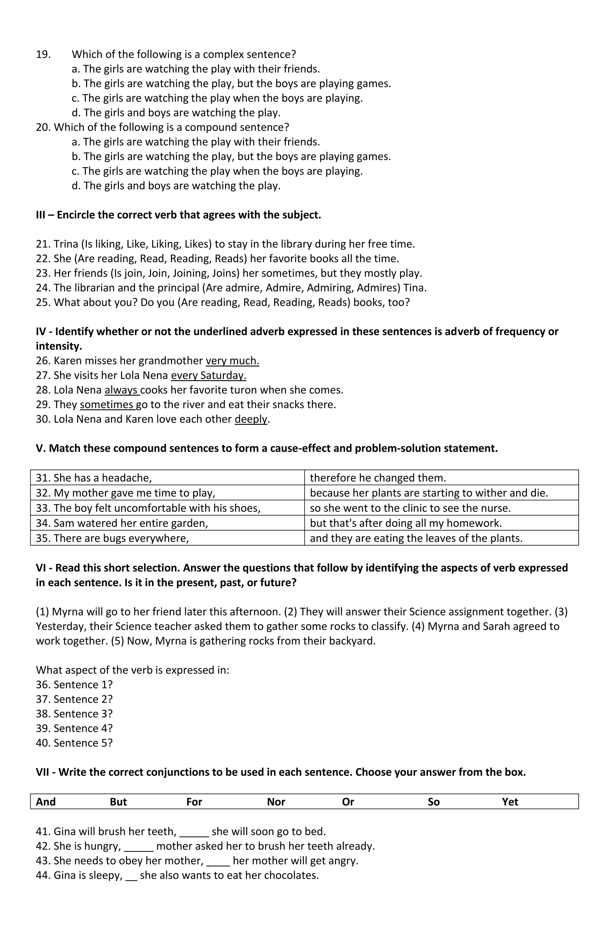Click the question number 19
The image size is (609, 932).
[x=43, y=54]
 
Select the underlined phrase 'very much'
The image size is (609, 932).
[x=232, y=361]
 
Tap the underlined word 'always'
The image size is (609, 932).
[x=121, y=390]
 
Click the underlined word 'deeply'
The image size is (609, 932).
[x=251, y=419]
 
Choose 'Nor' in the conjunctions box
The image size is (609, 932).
[x=276, y=802]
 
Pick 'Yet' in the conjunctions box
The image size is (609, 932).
[x=510, y=802]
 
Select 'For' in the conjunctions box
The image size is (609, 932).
[x=194, y=802]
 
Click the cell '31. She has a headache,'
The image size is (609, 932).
[x=94, y=478]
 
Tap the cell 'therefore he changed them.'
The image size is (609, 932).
[x=378, y=478]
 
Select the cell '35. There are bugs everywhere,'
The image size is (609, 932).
[x=112, y=538]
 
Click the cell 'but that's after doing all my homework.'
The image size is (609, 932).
[x=406, y=523]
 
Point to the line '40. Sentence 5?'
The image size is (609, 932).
[x=74, y=743]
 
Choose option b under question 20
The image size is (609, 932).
[x=231, y=157]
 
